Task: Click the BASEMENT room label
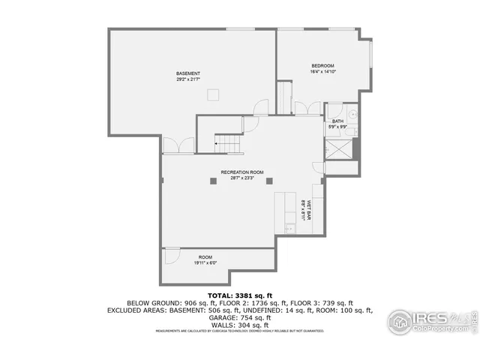pyautogui.click(x=188, y=73)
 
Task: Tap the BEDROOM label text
pyautogui.click(x=322, y=66)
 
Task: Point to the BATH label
pyautogui.click(x=338, y=121)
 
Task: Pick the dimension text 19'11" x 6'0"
pyautogui.click(x=205, y=262)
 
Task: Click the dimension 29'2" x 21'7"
pyautogui.click(x=188, y=79)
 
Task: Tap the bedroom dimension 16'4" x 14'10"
pyautogui.click(x=322, y=72)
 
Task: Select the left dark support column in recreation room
pyautogui.click(x=213, y=181)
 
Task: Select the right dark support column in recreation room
pyautogui.click(x=270, y=181)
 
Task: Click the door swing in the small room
pyautogui.click(x=171, y=254)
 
